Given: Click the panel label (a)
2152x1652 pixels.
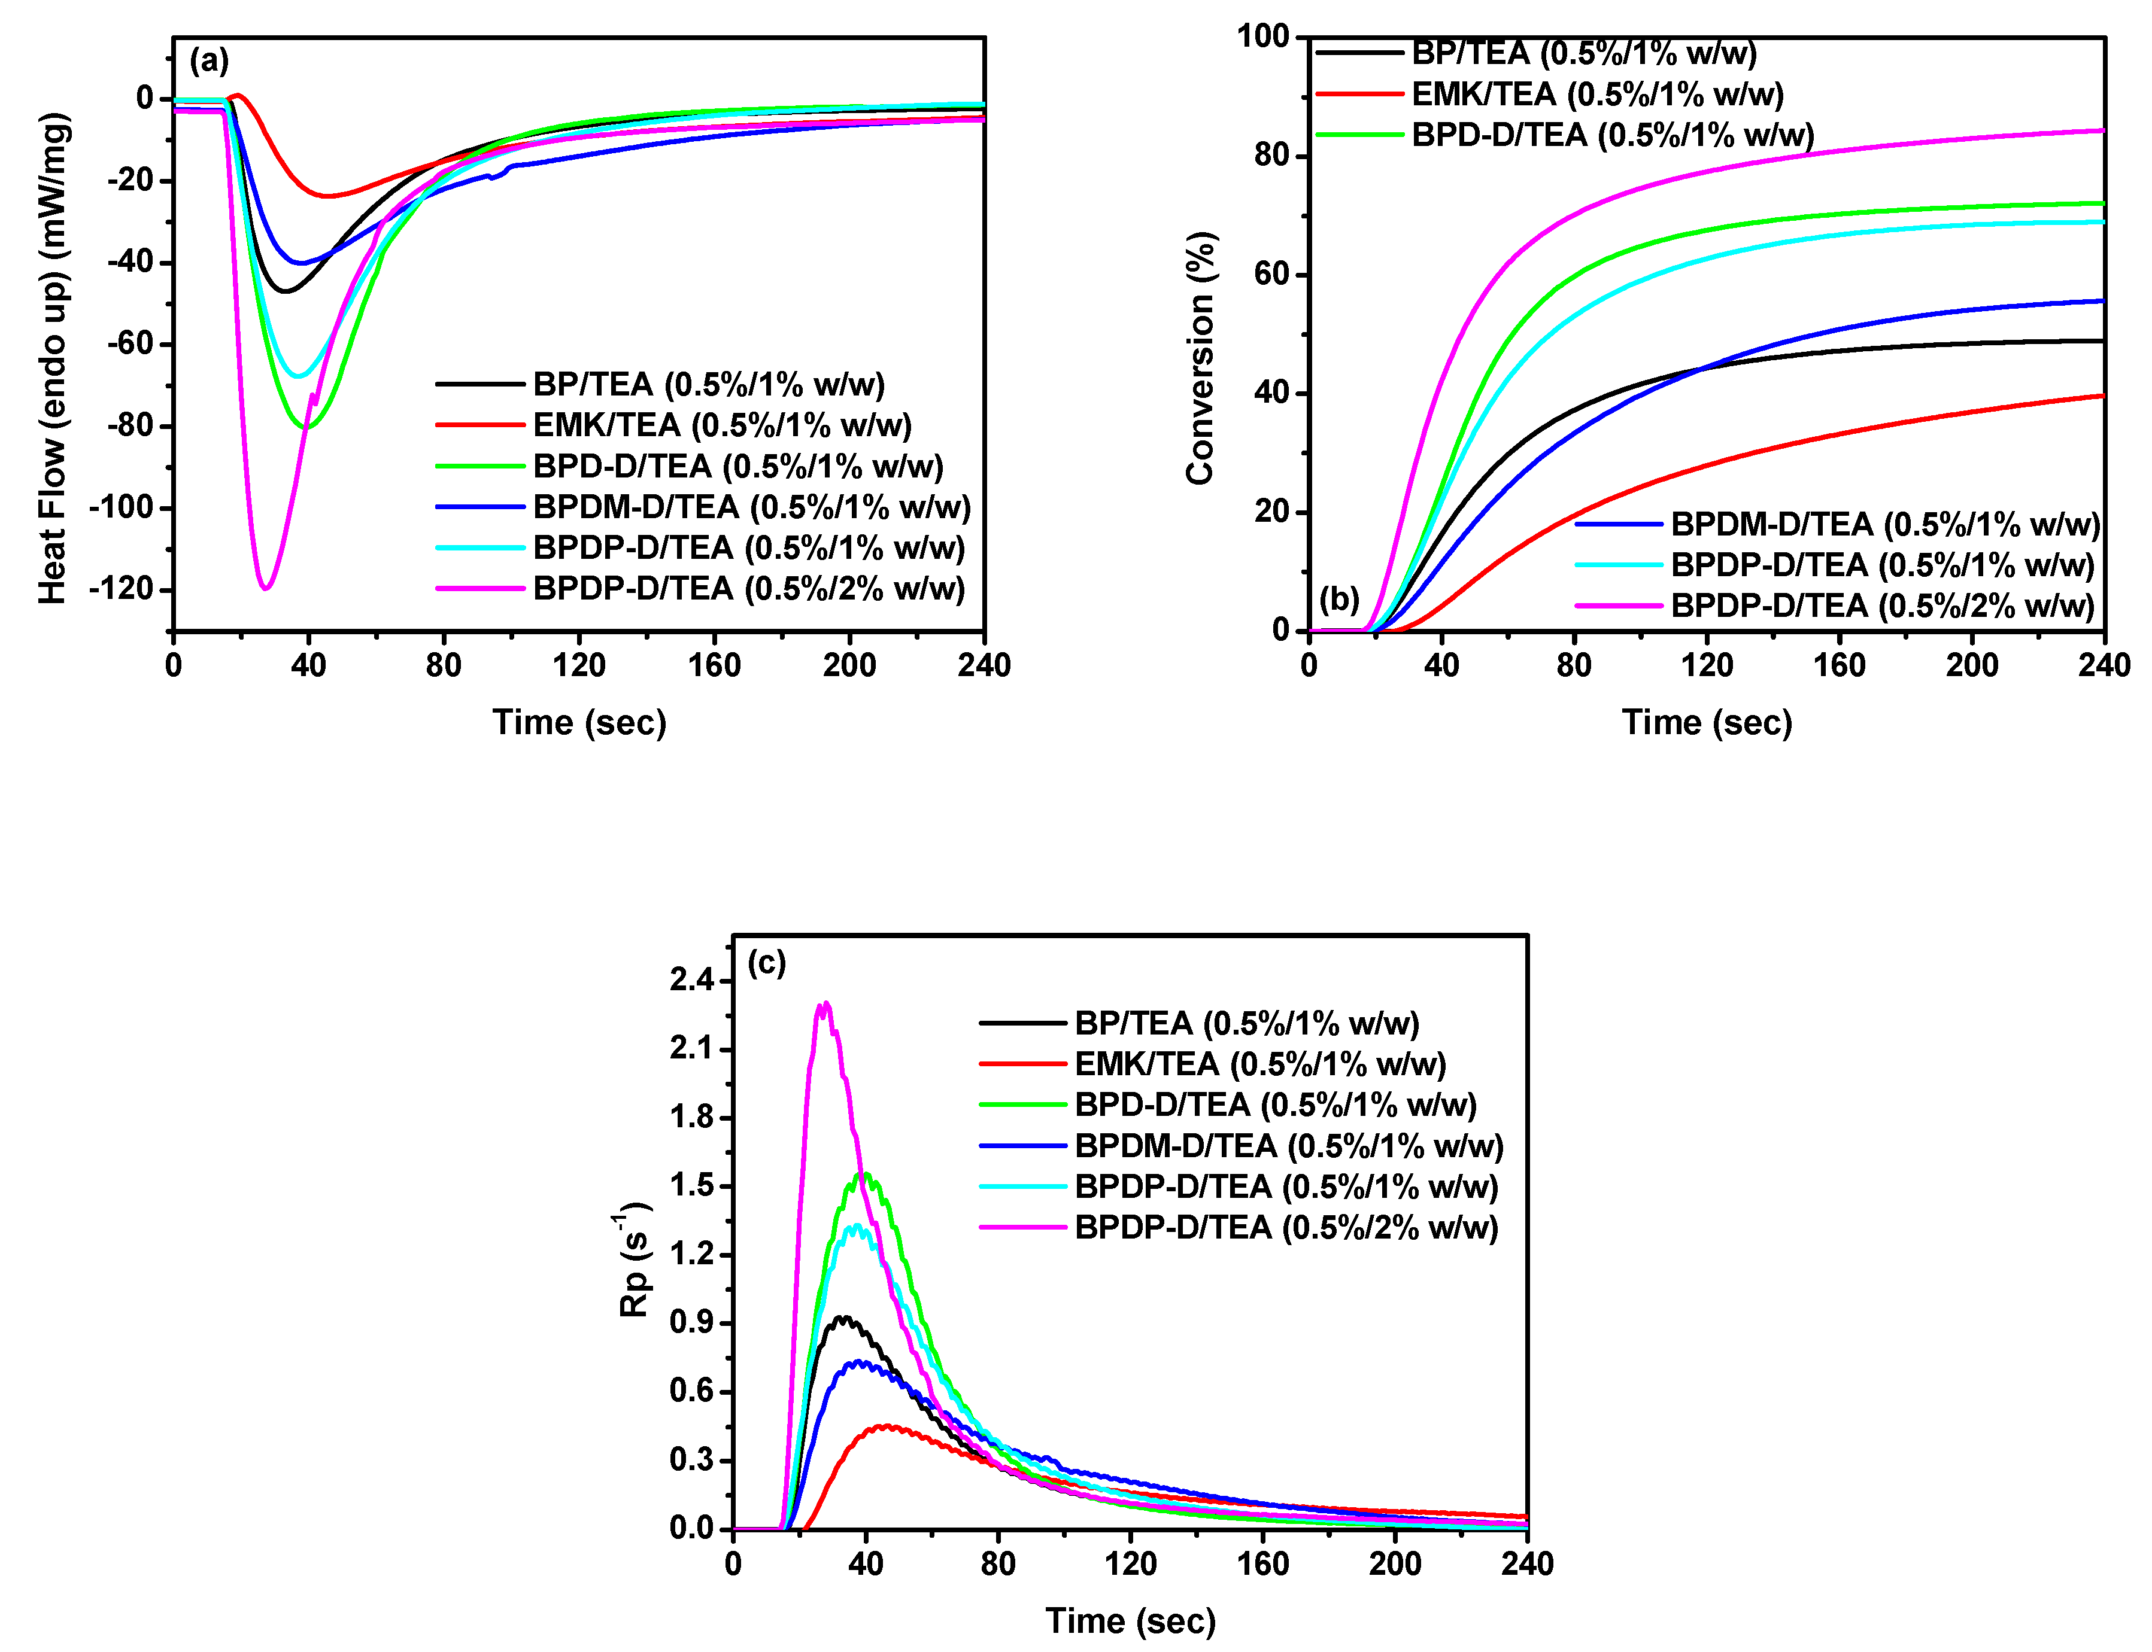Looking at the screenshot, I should pyautogui.click(x=208, y=61).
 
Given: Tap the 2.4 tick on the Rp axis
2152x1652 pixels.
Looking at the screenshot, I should pyautogui.click(x=693, y=981).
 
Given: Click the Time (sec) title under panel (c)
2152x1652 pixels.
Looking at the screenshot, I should pyautogui.click(x=1130, y=1620).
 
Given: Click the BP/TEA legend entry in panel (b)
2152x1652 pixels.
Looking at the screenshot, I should pyautogui.click(x=1583, y=52).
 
